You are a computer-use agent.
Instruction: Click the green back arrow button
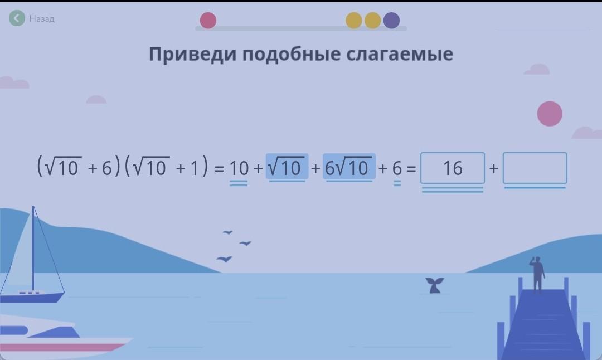17,18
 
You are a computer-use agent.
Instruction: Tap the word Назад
42,18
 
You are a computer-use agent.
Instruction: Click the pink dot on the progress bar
208,21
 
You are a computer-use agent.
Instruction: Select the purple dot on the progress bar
392,21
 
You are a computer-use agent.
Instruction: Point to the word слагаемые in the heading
400,54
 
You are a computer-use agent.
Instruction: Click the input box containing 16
453,168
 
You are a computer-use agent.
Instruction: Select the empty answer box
535,168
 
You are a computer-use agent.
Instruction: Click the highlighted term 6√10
349,167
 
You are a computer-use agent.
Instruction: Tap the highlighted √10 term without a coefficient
287,167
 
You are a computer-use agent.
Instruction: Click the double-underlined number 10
239,168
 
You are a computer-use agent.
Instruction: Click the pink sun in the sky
550,114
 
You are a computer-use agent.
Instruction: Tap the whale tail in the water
435,285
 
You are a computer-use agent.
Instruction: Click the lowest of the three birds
224,259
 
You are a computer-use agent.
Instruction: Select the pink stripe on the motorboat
61,347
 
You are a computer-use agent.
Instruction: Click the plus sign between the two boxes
494,168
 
